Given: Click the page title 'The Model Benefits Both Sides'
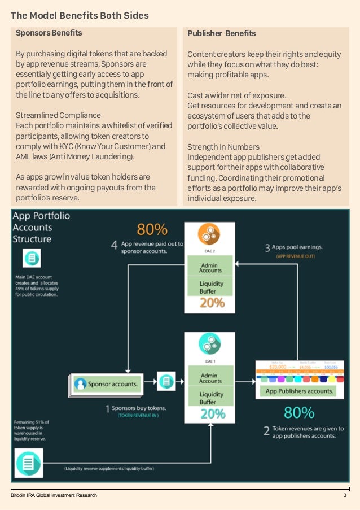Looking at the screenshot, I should coord(80,15).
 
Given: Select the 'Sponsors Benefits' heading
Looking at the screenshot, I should coord(49,33).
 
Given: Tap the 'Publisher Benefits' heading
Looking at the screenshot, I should coord(222,34).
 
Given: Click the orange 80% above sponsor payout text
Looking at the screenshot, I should coord(152,229).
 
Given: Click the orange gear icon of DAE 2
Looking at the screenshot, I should coord(209,234).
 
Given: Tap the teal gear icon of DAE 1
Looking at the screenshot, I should coord(209,343).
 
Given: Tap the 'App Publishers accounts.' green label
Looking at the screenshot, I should coord(300,391).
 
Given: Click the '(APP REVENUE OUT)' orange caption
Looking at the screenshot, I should coord(296,256).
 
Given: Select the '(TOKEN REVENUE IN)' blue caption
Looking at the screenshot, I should coord(138,416).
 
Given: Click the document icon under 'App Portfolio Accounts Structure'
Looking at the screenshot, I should coord(32,259).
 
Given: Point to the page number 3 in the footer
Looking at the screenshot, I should coord(345,495).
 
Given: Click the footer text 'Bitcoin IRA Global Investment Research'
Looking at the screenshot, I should coord(54,495).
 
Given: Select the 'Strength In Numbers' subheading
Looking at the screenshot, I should coord(223,147).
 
